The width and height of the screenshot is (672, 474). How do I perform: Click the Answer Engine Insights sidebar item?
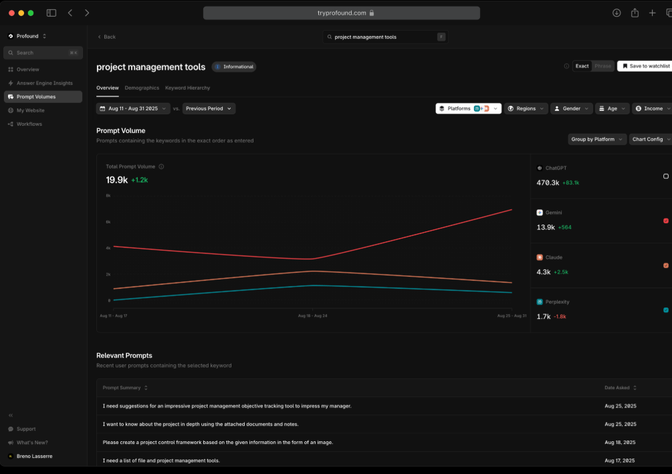click(44, 83)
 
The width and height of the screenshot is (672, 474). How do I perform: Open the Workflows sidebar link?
click(29, 124)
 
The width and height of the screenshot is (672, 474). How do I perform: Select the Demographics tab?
click(142, 88)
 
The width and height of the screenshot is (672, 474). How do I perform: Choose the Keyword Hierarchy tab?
click(187, 88)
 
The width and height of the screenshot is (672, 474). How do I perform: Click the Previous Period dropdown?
click(209, 108)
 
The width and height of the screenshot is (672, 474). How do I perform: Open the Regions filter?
click(526, 108)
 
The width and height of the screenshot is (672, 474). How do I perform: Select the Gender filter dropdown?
click(572, 108)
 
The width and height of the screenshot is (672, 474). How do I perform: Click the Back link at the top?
click(106, 37)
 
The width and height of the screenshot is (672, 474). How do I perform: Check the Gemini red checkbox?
click(666, 221)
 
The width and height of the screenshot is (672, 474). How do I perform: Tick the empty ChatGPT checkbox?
click(666, 176)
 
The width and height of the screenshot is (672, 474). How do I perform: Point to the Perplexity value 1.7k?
click(543, 316)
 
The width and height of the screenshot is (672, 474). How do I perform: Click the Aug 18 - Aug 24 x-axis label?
click(313, 316)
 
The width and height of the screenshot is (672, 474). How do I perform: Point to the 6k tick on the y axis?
click(108, 221)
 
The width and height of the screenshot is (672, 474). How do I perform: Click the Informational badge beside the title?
click(234, 67)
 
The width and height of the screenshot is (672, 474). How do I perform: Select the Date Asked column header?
click(620, 388)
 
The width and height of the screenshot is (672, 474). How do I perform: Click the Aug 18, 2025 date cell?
click(620, 442)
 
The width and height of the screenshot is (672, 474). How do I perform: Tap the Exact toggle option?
click(582, 66)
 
